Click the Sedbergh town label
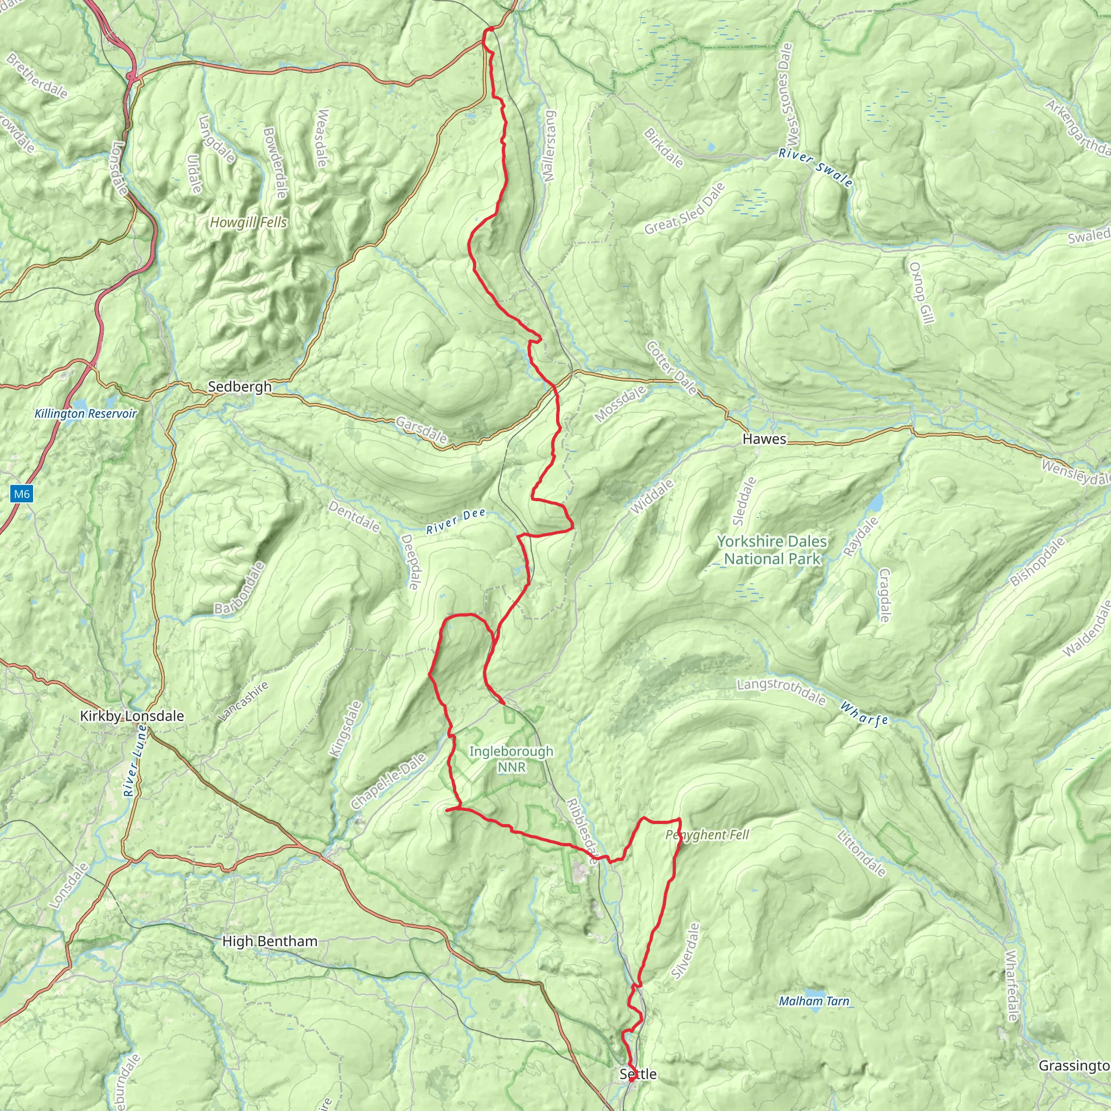pyautogui.click(x=239, y=386)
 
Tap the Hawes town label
pyautogui.click(x=764, y=439)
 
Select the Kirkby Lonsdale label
pyautogui.click(x=132, y=716)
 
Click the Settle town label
pyautogui.click(x=638, y=1074)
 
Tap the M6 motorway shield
pyautogui.click(x=21, y=494)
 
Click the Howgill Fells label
pyautogui.click(x=248, y=222)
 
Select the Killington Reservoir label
pyautogui.click(x=85, y=413)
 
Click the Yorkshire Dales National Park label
pyautogui.click(x=772, y=550)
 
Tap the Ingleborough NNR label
pyautogui.click(x=511, y=759)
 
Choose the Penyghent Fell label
pyautogui.click(x=707, y=835)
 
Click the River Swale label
pyautogui.click(x=815, y=168)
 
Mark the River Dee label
pyautogui.click(x=456, y=521)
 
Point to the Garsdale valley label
pyautogui.click(x=421, y=430)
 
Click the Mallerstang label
pyautogui.click(x=550, y=146)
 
